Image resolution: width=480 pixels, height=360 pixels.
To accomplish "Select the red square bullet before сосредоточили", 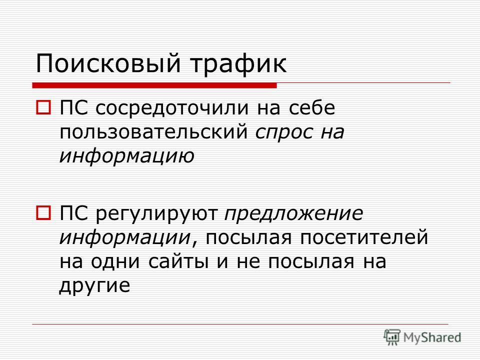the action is coord(43,108).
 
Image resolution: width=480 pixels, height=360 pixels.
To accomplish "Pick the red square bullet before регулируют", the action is coord(43,213).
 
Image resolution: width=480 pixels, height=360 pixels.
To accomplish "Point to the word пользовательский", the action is coord(153,132).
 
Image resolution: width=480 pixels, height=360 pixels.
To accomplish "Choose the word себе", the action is coord(312,107).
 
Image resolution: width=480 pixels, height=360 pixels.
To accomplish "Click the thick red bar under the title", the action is coord(154,85).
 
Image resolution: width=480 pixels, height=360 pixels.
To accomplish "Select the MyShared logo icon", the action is coord(392,337).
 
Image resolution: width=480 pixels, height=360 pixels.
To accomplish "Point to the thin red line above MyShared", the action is coord(240,324).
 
